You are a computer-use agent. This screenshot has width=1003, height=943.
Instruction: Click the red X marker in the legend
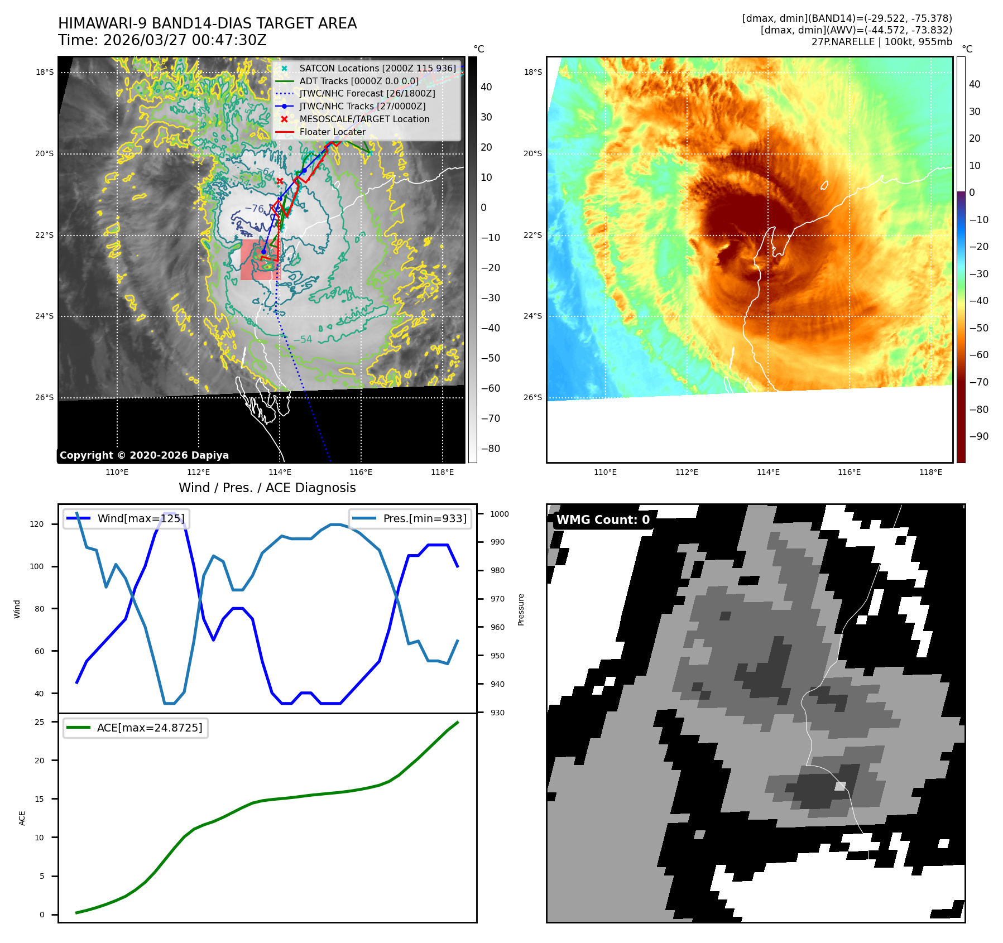click(x=284, y=119)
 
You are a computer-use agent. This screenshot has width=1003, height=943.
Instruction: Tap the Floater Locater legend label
click(x=332, y=132)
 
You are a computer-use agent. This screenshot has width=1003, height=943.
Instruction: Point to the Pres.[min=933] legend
click(x=410, y=518)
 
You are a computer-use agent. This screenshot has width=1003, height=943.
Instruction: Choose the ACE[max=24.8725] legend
click(x=136, y=728)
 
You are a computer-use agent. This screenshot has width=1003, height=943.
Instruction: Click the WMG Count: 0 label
click(x=603, y=519)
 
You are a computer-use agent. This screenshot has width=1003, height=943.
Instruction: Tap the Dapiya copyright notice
click(x=144, y=455)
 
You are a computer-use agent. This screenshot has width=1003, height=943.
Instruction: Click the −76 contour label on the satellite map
click(x=255, y=208)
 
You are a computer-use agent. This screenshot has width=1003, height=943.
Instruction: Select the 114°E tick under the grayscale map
click(x=280, y=472)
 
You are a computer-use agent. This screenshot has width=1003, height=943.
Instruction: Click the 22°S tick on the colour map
click(x=532, y=235)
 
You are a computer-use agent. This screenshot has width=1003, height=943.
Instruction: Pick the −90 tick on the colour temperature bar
click(x=978, y=436)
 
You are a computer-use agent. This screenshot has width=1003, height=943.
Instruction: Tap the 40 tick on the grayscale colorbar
click(x=486, y=87)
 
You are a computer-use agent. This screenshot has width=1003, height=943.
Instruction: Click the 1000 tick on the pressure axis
click(x=500, y=514)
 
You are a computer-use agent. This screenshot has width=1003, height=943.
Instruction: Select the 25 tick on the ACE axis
click(x=39, y=722)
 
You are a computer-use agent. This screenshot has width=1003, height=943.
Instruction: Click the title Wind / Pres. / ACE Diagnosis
click(x=267, y=488)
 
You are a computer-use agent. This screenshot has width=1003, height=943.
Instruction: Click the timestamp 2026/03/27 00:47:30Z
click(x=185, y=40)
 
